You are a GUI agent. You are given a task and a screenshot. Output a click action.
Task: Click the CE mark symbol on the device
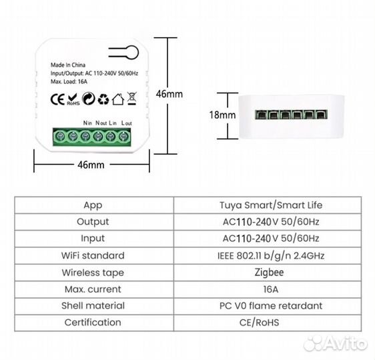(x=58, y=99)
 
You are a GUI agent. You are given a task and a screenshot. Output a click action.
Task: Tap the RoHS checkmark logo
(x=73, y=99)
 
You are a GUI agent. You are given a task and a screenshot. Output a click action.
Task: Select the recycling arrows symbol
(x=103, y=99)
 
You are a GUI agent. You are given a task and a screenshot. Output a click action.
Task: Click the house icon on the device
(x=118, y=99)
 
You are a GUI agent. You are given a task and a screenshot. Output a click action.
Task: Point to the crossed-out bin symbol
(x=132, y=99)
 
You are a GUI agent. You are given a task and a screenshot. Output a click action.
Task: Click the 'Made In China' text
(x=68, y=65)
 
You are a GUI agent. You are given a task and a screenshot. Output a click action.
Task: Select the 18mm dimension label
(x=222, y=115)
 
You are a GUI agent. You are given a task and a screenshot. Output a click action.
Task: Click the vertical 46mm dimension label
(x=169, y=94)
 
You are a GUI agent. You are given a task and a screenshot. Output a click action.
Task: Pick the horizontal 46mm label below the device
(x=91, y=164)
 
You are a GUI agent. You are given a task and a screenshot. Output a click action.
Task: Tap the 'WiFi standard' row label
(x=93, y=255)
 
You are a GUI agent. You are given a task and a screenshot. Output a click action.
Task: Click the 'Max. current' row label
(x=93, y=289)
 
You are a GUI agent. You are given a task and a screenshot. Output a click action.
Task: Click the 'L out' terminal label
(x=127, y=123)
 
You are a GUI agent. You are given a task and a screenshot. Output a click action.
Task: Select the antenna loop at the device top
(x=127, y=52)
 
